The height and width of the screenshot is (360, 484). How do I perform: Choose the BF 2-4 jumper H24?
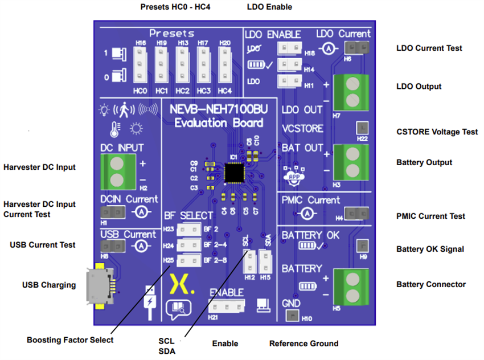click(188, 246)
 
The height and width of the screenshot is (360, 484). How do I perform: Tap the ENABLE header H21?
click(227, 306)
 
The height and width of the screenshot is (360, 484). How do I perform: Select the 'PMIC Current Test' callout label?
click(430, 216)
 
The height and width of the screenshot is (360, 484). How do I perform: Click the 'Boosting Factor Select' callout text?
click(70, 340)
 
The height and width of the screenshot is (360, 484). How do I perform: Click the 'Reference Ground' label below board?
click(303, 343)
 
